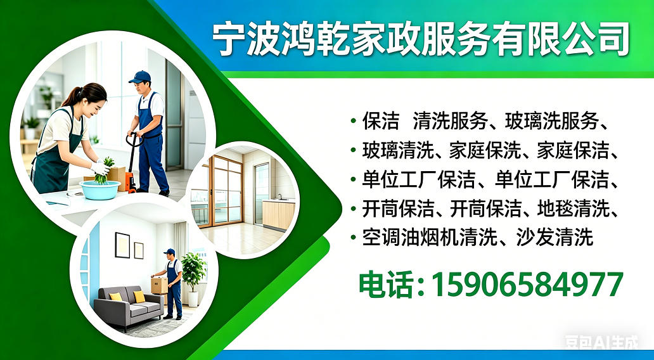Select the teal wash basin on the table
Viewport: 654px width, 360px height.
click(100, 189)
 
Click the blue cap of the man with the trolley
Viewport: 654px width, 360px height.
click(140, 76)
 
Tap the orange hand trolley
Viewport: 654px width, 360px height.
click(131, 168)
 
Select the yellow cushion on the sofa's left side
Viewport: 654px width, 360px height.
click(116, 297)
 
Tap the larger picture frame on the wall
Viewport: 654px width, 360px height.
click(122, 245)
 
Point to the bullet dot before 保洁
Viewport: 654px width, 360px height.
click(353, 120)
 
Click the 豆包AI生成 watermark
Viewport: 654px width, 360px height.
click(601, 344)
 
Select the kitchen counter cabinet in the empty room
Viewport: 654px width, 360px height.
click(278, 214)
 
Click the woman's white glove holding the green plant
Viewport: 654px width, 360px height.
click(100, 169)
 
